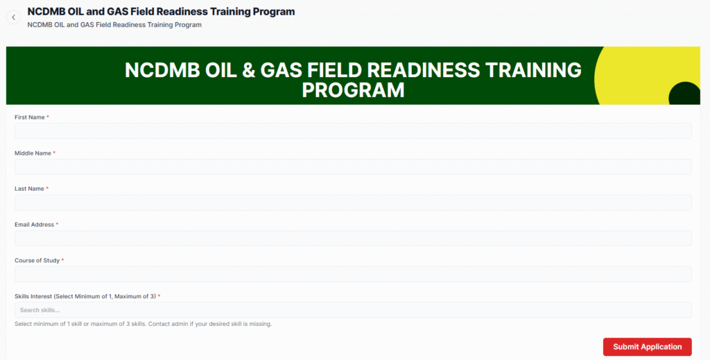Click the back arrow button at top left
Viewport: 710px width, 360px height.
click(13, 17)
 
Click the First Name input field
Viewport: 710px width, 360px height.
click(353, 131)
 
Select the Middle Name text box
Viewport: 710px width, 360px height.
click(353, 166)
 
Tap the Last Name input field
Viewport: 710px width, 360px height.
click(353, 203)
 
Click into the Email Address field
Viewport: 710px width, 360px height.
click(353, 239)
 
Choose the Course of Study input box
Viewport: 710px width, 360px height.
click(353, 274)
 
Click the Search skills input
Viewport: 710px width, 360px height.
click(353, 310)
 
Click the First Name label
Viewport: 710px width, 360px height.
click(30, 117)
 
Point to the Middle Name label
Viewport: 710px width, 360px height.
click(33, 153)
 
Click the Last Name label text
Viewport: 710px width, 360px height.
click(29, 189)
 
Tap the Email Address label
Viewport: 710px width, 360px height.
click(35, 225)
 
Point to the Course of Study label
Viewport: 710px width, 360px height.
click(37, 261)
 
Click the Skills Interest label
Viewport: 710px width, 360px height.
click(85, 296)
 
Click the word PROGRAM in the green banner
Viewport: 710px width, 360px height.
click(353, 90)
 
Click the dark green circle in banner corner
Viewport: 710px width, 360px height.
click(685, 94)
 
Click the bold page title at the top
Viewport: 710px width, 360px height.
click(161, 12)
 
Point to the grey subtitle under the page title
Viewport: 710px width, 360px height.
click(114, 25)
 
